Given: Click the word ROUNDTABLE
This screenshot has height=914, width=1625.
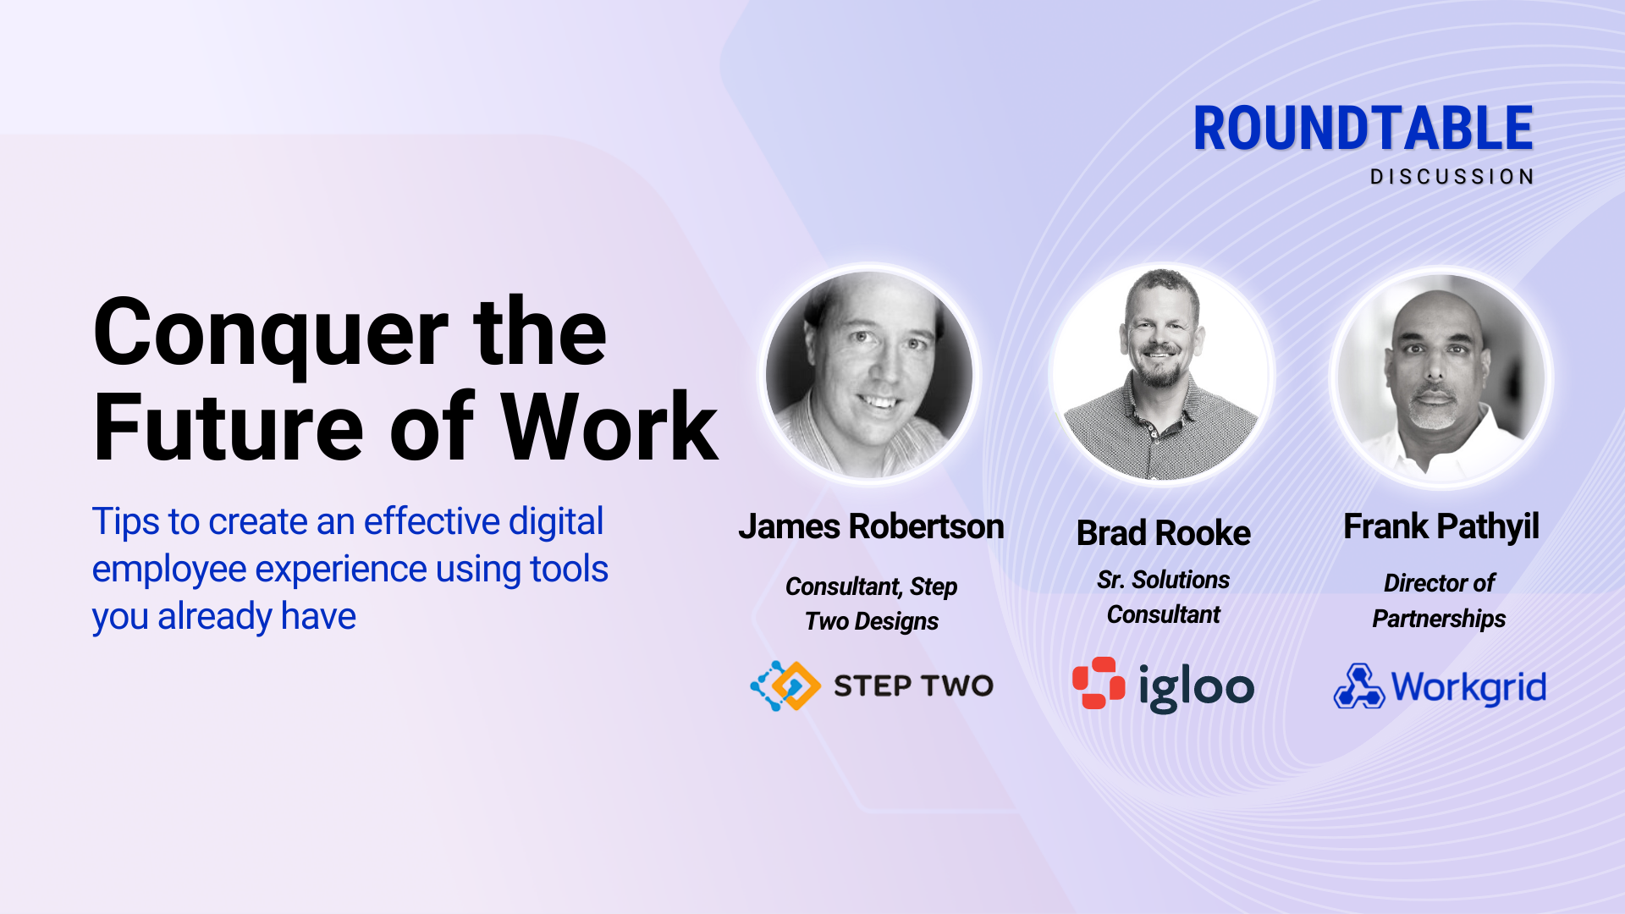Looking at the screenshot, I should coord(1363,129).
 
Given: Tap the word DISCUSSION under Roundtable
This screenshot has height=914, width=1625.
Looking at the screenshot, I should coord(1452,177).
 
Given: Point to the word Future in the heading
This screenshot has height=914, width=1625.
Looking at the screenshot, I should coord(229,427).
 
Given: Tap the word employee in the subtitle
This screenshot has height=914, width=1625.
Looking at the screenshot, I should coord(168,570).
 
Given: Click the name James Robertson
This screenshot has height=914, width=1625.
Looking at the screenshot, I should coord(871,527).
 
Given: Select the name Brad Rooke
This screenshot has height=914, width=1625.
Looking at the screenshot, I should coord(1163,533).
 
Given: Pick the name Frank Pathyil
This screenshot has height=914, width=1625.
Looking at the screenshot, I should coord(1440,526).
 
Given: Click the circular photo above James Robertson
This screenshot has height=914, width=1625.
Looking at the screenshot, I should coord(869,374).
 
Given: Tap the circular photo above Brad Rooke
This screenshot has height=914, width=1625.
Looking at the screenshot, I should coord(1162,374).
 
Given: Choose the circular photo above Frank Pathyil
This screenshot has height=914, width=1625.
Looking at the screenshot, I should coord(1441,377).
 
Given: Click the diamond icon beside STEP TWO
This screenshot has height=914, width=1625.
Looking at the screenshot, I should coord(785,685).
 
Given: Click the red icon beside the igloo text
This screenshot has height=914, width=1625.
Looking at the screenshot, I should coord(1099,683).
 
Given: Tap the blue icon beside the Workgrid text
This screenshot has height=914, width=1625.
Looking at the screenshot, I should coord(1358,686).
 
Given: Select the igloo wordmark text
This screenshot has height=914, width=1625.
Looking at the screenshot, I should coord(1196,687).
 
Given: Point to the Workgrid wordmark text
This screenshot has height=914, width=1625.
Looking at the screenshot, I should coord(1468,687).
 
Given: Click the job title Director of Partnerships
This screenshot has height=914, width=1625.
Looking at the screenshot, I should coord(1439,601).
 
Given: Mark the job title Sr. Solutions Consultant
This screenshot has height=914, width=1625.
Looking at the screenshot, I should coord(1163,597).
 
